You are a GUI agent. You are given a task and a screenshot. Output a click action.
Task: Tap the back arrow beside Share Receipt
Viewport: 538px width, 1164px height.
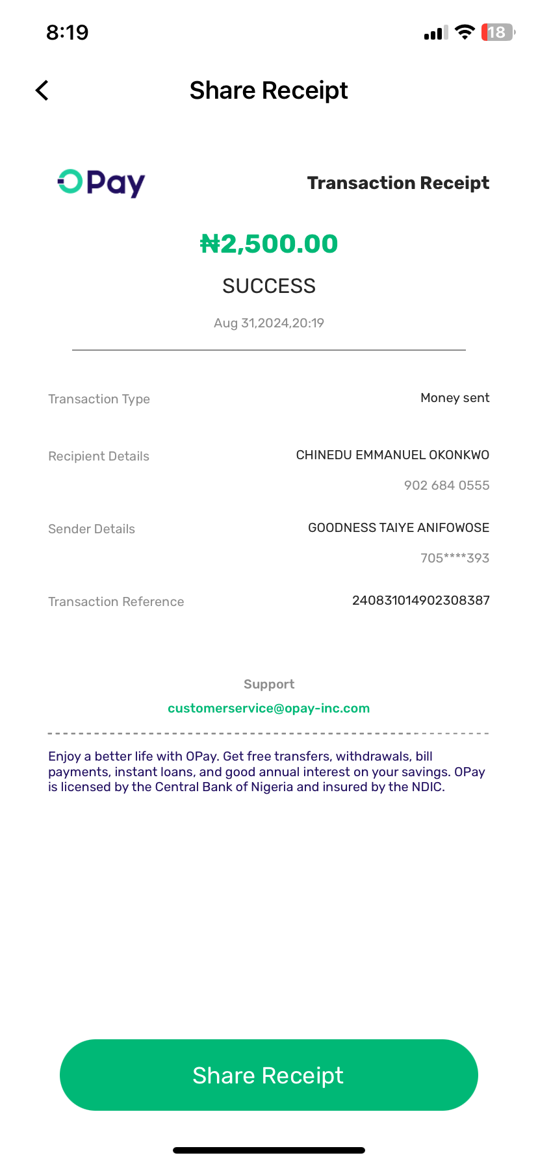[x=42, y=90]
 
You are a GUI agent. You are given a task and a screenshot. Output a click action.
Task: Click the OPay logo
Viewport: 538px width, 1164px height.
[x=101, y=183]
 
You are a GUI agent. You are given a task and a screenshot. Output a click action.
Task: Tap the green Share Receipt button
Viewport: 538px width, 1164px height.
[x=268, y=1075]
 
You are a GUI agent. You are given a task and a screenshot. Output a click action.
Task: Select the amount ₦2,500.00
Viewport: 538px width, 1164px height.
[x=269, y=244]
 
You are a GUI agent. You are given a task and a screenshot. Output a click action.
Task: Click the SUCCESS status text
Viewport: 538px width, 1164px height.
[x=269, y=286]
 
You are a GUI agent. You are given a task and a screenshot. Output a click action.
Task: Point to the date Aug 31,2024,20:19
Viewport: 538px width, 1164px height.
[x=269, y=323]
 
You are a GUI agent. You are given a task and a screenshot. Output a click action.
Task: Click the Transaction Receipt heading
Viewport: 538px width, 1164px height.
[x=398, y=183]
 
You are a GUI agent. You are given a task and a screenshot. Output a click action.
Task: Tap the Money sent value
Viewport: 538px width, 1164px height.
[x=455, y=398]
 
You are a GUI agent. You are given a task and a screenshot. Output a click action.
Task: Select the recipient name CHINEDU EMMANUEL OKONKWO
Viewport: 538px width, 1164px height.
[x=392, y=455]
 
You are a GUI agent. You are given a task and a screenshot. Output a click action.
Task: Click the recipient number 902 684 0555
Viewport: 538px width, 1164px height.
[x=446, y=485]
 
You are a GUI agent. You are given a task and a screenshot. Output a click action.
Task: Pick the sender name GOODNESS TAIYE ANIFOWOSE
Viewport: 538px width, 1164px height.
[x=398, y=527]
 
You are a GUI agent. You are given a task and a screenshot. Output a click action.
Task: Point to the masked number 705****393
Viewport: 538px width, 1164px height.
[x=455, y=558]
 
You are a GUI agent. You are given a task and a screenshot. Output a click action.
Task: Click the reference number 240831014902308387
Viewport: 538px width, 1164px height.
[x=420, y=600]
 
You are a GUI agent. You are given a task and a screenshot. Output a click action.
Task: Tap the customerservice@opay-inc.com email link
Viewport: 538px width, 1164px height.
[x=268, y=708]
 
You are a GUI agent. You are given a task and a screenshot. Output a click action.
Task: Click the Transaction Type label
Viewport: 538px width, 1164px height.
[x=99, y=399]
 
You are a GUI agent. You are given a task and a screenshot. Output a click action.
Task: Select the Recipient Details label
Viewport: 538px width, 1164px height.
[x=99, y=456]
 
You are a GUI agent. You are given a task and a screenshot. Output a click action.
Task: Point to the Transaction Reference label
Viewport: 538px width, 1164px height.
[x=116, y=601]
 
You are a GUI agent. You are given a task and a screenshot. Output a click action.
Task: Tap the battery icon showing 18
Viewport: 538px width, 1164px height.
[x=498, y=32]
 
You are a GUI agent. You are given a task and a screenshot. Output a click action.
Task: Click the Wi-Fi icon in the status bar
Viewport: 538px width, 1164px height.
[x=465, y=32]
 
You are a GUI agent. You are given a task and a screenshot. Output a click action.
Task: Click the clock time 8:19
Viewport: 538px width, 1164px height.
[x=68, y=32]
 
